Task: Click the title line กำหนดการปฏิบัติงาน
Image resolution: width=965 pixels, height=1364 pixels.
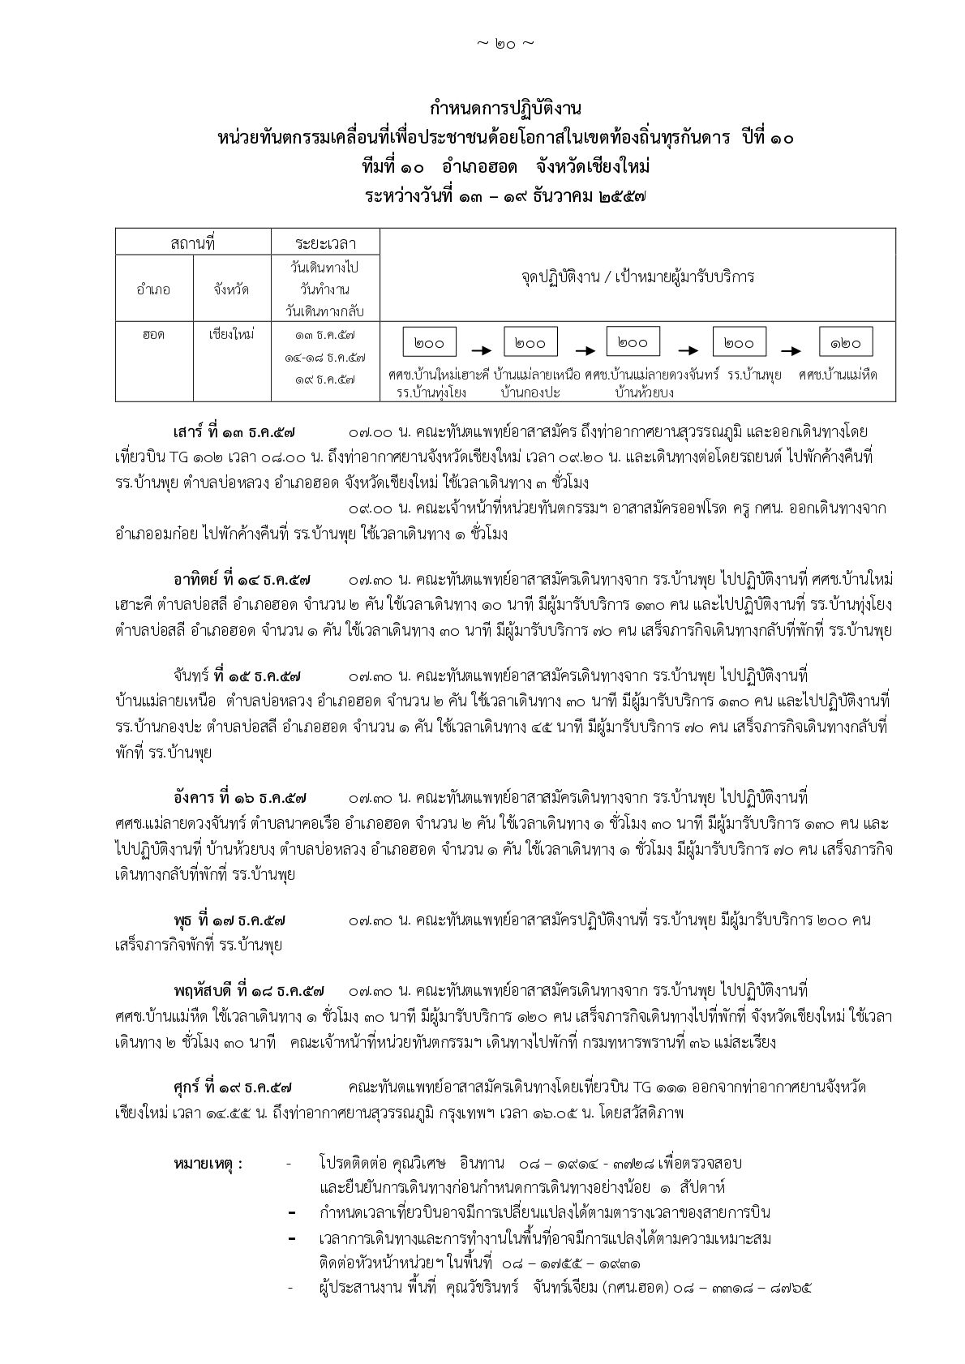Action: tap(506, 109)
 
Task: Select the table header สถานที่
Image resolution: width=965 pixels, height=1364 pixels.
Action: tap(192, 242)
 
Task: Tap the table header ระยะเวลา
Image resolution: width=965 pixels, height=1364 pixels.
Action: tap(325, 242)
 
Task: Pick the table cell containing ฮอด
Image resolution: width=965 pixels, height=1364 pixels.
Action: tap(154, 334)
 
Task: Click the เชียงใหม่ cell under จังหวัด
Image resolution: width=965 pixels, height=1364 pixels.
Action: tap(231, 334)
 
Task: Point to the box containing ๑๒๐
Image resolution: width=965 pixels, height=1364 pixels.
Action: tap(845, 342)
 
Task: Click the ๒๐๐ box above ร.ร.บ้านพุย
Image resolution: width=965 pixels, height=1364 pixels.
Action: tap(739, 342)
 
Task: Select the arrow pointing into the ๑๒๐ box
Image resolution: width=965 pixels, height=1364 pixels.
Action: tap(791, 350)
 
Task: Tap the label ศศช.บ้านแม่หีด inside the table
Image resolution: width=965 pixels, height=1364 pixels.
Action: tap(838, 375)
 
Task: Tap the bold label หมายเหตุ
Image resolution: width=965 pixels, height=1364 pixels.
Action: tap(208, 1163)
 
